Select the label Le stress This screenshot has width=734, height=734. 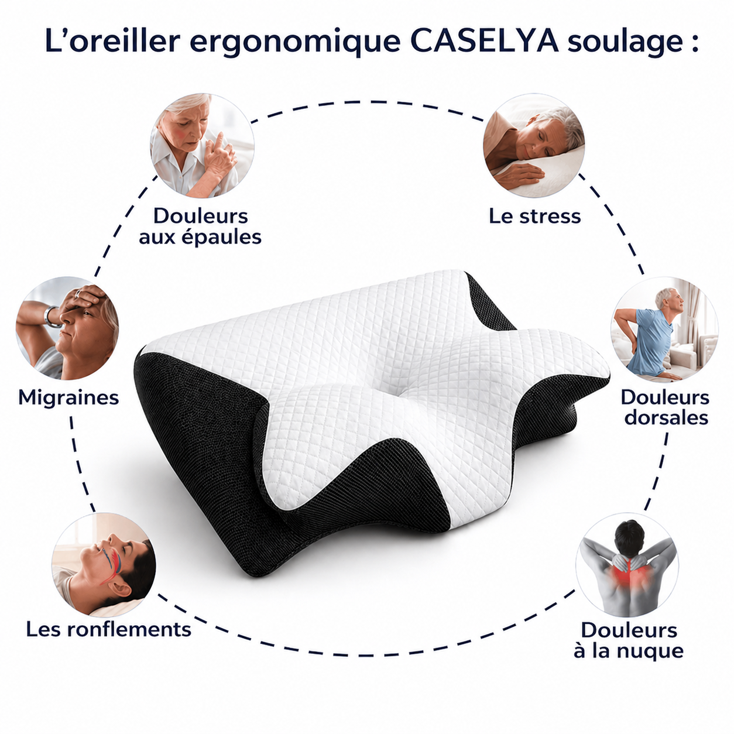[x=535, y=216]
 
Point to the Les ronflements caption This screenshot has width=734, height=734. [x=108, y=630]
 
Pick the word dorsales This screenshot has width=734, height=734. [x=666, y=418]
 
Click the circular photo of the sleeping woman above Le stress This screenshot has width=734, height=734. [x=534, y=146]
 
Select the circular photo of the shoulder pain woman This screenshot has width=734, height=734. [x=203, y=146]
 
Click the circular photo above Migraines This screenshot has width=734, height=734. [x=67, y=328]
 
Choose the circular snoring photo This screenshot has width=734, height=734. [x=104, y=564]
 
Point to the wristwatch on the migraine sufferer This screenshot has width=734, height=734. [x=52, y=315]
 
